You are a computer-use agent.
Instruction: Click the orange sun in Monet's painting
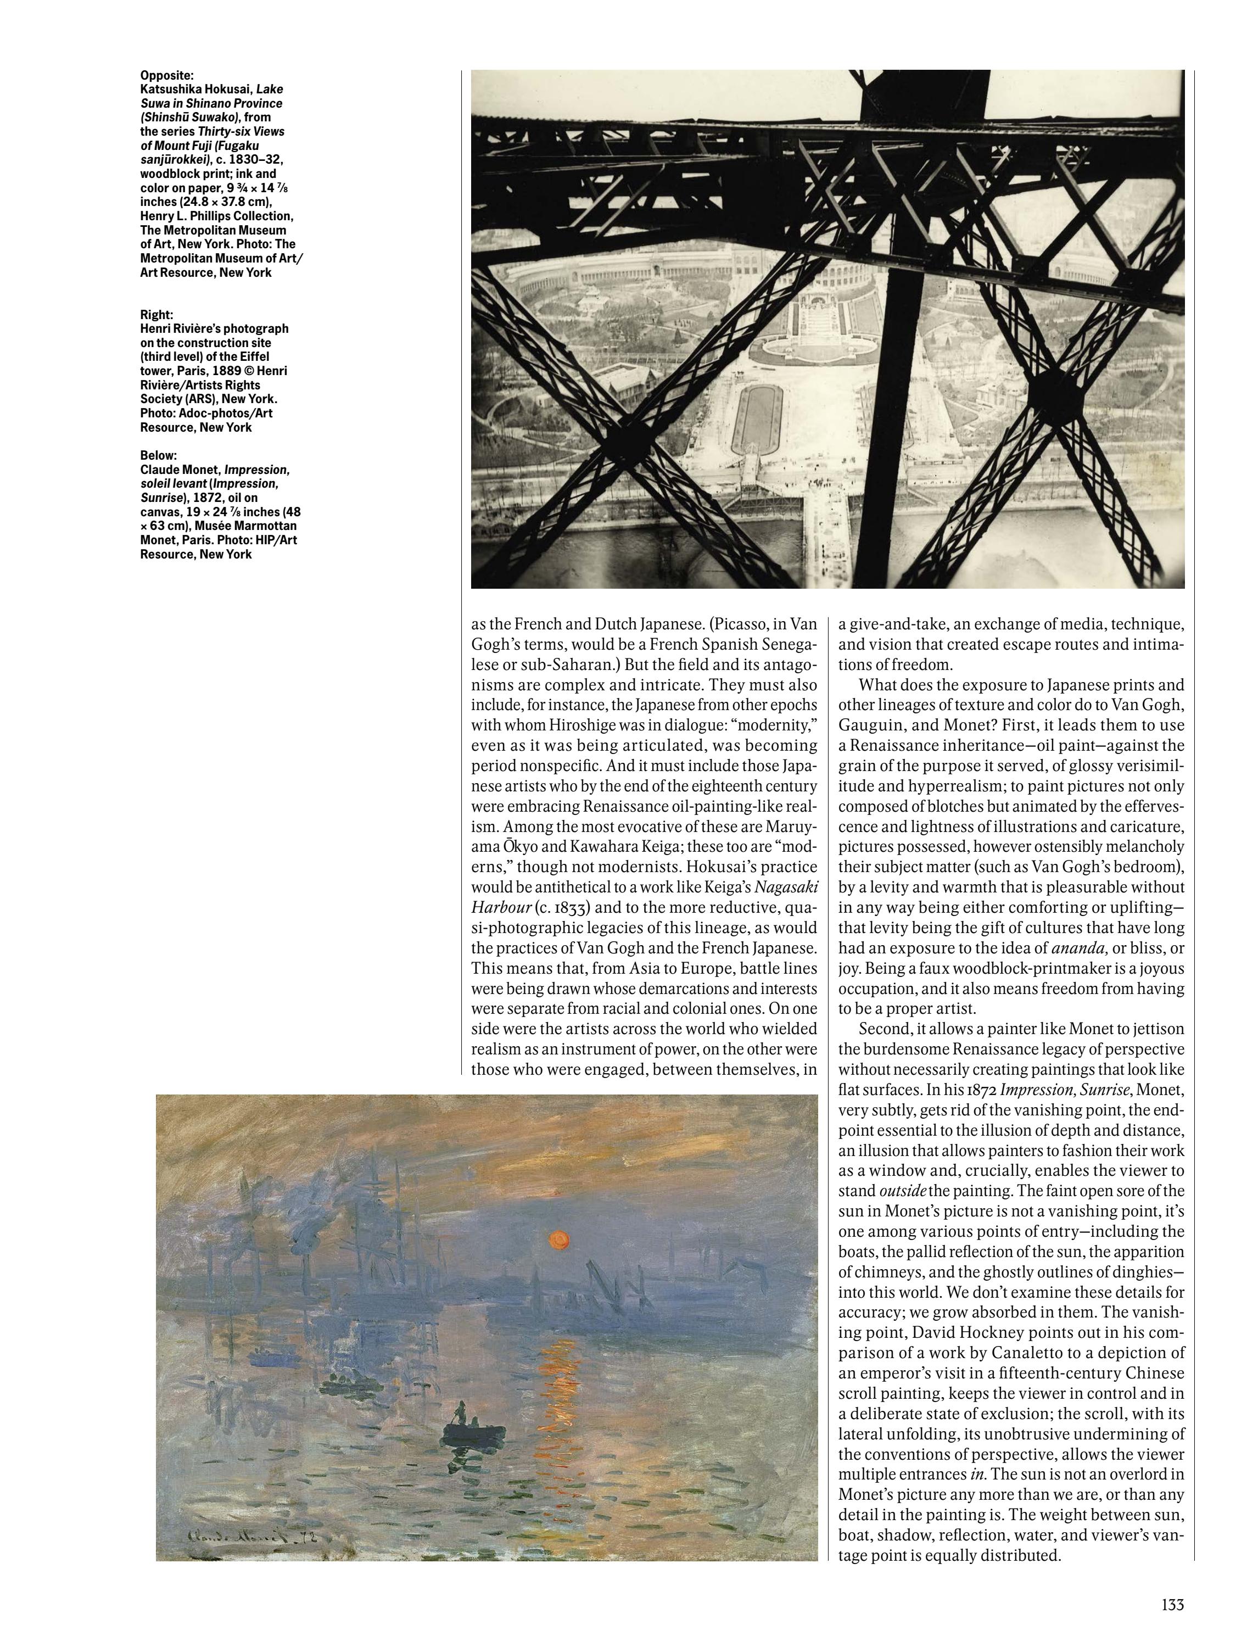click(x=558, y=1238)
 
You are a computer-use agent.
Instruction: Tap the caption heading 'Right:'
click(x=155, y=314)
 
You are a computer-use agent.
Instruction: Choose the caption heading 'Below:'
click(x=158, y=456)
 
